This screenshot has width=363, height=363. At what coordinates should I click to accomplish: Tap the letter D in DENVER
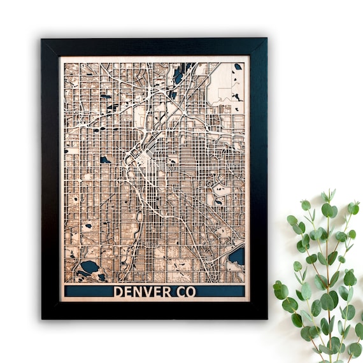(118, 292)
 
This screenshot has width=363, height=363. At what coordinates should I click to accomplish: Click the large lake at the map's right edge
(237, 257)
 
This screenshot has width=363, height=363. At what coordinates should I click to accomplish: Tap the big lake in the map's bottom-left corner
(89, 266)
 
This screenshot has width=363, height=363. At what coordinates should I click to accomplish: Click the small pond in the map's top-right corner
(238, 66)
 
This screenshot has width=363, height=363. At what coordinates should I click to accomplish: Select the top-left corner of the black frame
(42, 39)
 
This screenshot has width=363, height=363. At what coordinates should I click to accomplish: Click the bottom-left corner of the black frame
(42, 318)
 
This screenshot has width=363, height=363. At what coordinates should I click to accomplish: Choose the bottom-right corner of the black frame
(266, 318)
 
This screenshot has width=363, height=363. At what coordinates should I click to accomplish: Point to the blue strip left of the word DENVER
(88, 292)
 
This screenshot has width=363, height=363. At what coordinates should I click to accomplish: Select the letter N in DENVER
(141, 292)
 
